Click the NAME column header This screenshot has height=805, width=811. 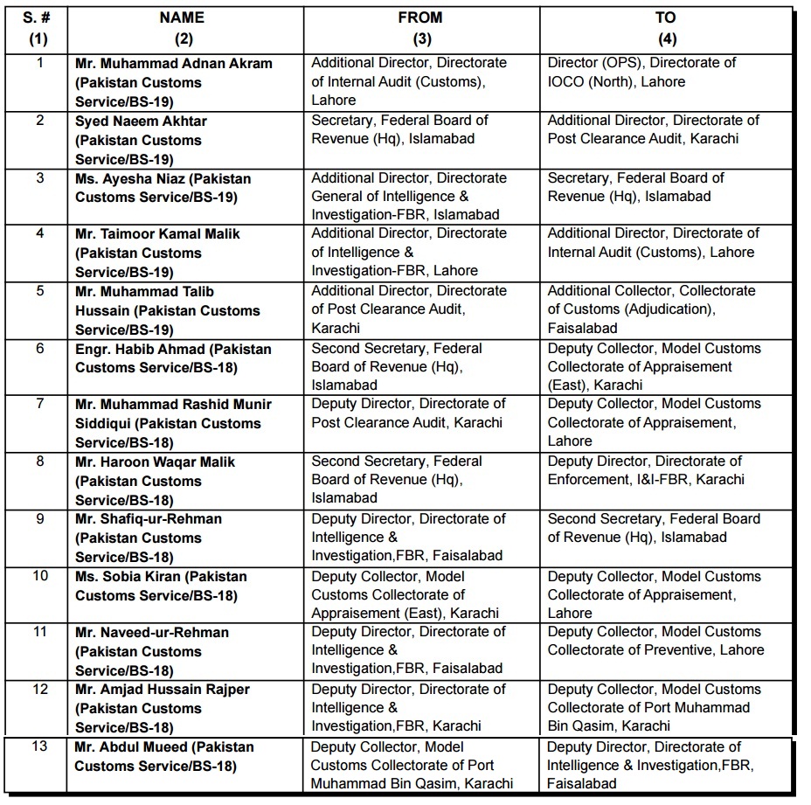[183, 17]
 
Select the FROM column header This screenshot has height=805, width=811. [420, 17]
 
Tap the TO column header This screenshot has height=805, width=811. [666, 17]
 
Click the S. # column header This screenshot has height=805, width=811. [39, 17]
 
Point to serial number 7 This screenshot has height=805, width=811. [39, 404]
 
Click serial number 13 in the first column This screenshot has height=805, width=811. [39, 747]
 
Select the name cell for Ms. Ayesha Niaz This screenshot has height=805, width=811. [163, 188]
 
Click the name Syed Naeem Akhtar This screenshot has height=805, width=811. [141, 121]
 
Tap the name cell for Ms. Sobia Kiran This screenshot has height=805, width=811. [161, 586]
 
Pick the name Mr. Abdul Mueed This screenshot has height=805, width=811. [164, 757]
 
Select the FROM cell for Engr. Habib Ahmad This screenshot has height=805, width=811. [397, 366]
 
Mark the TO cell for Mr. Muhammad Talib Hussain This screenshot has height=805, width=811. [651, 309]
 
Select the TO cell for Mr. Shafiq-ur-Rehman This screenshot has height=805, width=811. [654, 528]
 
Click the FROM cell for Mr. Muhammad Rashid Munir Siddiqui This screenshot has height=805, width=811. [408, 413]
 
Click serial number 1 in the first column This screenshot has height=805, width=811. [39, 63]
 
